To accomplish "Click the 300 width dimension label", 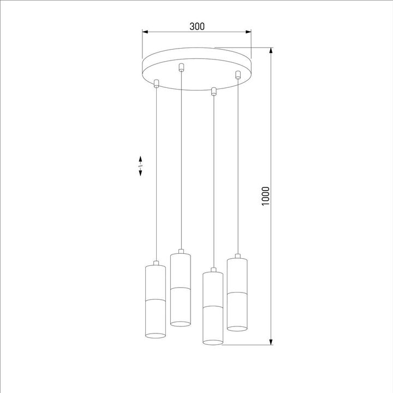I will [196, 26].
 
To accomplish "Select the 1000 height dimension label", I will [265, 196].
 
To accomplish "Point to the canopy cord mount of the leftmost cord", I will [156, 84].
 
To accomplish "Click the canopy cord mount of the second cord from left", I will [181, 68].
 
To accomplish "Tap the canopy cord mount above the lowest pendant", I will [213, 91].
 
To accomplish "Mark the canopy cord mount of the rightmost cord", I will [237, 75].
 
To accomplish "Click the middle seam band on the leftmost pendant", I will [156, 299].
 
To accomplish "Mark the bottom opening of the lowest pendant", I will [213, 342].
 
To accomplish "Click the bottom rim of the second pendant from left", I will [181, 323].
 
